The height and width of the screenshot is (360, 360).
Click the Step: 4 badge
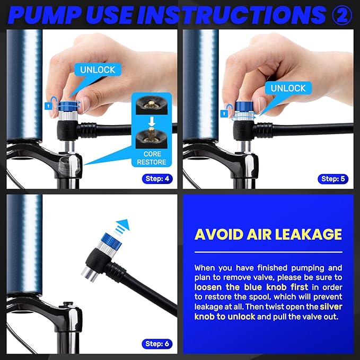click(x=157, y=179)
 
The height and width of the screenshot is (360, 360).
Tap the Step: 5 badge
click(x=333, y=179)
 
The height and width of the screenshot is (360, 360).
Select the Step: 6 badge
click(x=157, y=344)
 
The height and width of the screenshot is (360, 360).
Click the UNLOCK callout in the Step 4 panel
click(x=98, y=69)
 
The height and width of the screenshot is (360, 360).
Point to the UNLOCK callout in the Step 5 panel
click(x=288, y=88)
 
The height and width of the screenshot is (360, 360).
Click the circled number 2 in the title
click(x=342, y=15)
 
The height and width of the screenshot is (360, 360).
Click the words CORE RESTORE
click(x=152, y=158)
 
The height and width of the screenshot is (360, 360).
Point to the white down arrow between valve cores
click(x=152, y=121)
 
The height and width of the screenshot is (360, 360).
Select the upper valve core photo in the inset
click(x=152, y=105)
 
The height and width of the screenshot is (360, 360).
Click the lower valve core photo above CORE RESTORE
click(x=152, y=138)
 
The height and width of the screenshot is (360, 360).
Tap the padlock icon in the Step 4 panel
click(x=48, y=106)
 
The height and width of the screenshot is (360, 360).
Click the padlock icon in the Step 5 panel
click(x=224, y=113)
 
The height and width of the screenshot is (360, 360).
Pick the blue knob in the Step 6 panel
click(x=111, y=240)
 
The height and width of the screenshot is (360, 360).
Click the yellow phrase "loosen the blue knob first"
click(x=251, y=287)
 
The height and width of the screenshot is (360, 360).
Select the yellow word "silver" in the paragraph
click(x=331, y=306)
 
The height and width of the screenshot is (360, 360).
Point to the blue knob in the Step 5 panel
click(x=244, y=107)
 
